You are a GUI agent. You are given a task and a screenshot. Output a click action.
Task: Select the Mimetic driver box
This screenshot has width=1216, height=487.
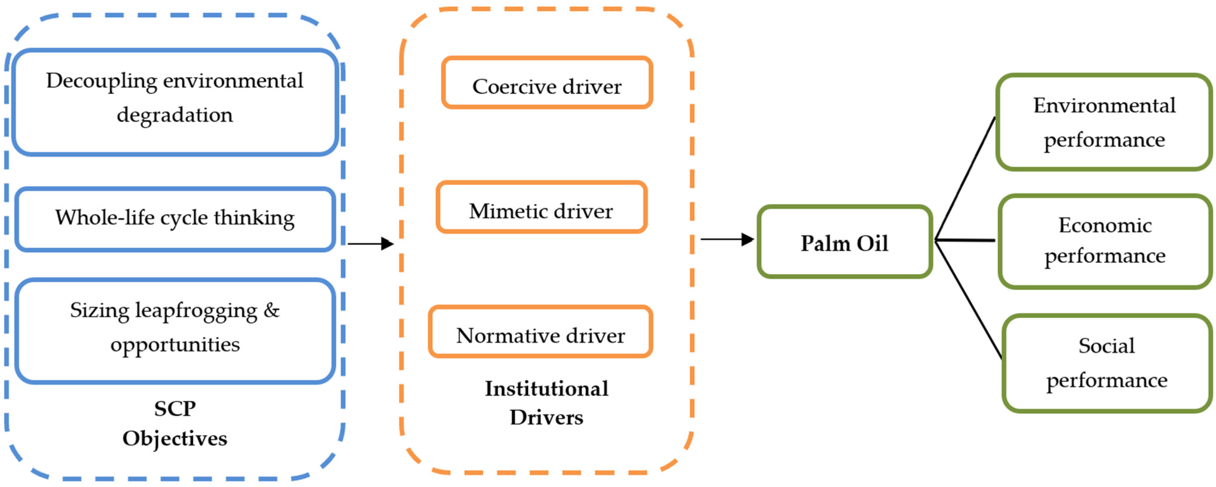(541, 208)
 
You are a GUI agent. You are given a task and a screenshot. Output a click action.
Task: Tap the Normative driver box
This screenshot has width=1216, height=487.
(540, 332)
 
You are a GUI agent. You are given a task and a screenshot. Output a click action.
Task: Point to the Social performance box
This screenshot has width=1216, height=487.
(1106, 363)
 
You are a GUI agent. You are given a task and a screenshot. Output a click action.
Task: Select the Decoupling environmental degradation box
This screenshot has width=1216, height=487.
(175, 101)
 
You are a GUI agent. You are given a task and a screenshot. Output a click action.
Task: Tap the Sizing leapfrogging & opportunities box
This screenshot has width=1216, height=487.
(175, 330)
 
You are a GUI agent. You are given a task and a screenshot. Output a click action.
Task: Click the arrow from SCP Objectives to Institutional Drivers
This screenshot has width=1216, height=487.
(371, 244)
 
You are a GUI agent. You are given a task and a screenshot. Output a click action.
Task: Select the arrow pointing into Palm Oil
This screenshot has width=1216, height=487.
(727, 239)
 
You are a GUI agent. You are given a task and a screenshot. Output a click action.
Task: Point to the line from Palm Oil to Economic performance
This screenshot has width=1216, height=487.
(965, 240)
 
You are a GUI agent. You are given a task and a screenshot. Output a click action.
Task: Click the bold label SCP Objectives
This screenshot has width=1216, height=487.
(175, 423)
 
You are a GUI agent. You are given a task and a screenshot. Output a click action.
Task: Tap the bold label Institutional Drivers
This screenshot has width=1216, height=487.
(547, 403)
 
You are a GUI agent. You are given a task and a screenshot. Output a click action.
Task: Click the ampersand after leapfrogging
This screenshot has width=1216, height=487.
(271, 310)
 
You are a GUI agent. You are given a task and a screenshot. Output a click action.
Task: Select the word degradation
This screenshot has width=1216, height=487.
(175, 115)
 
